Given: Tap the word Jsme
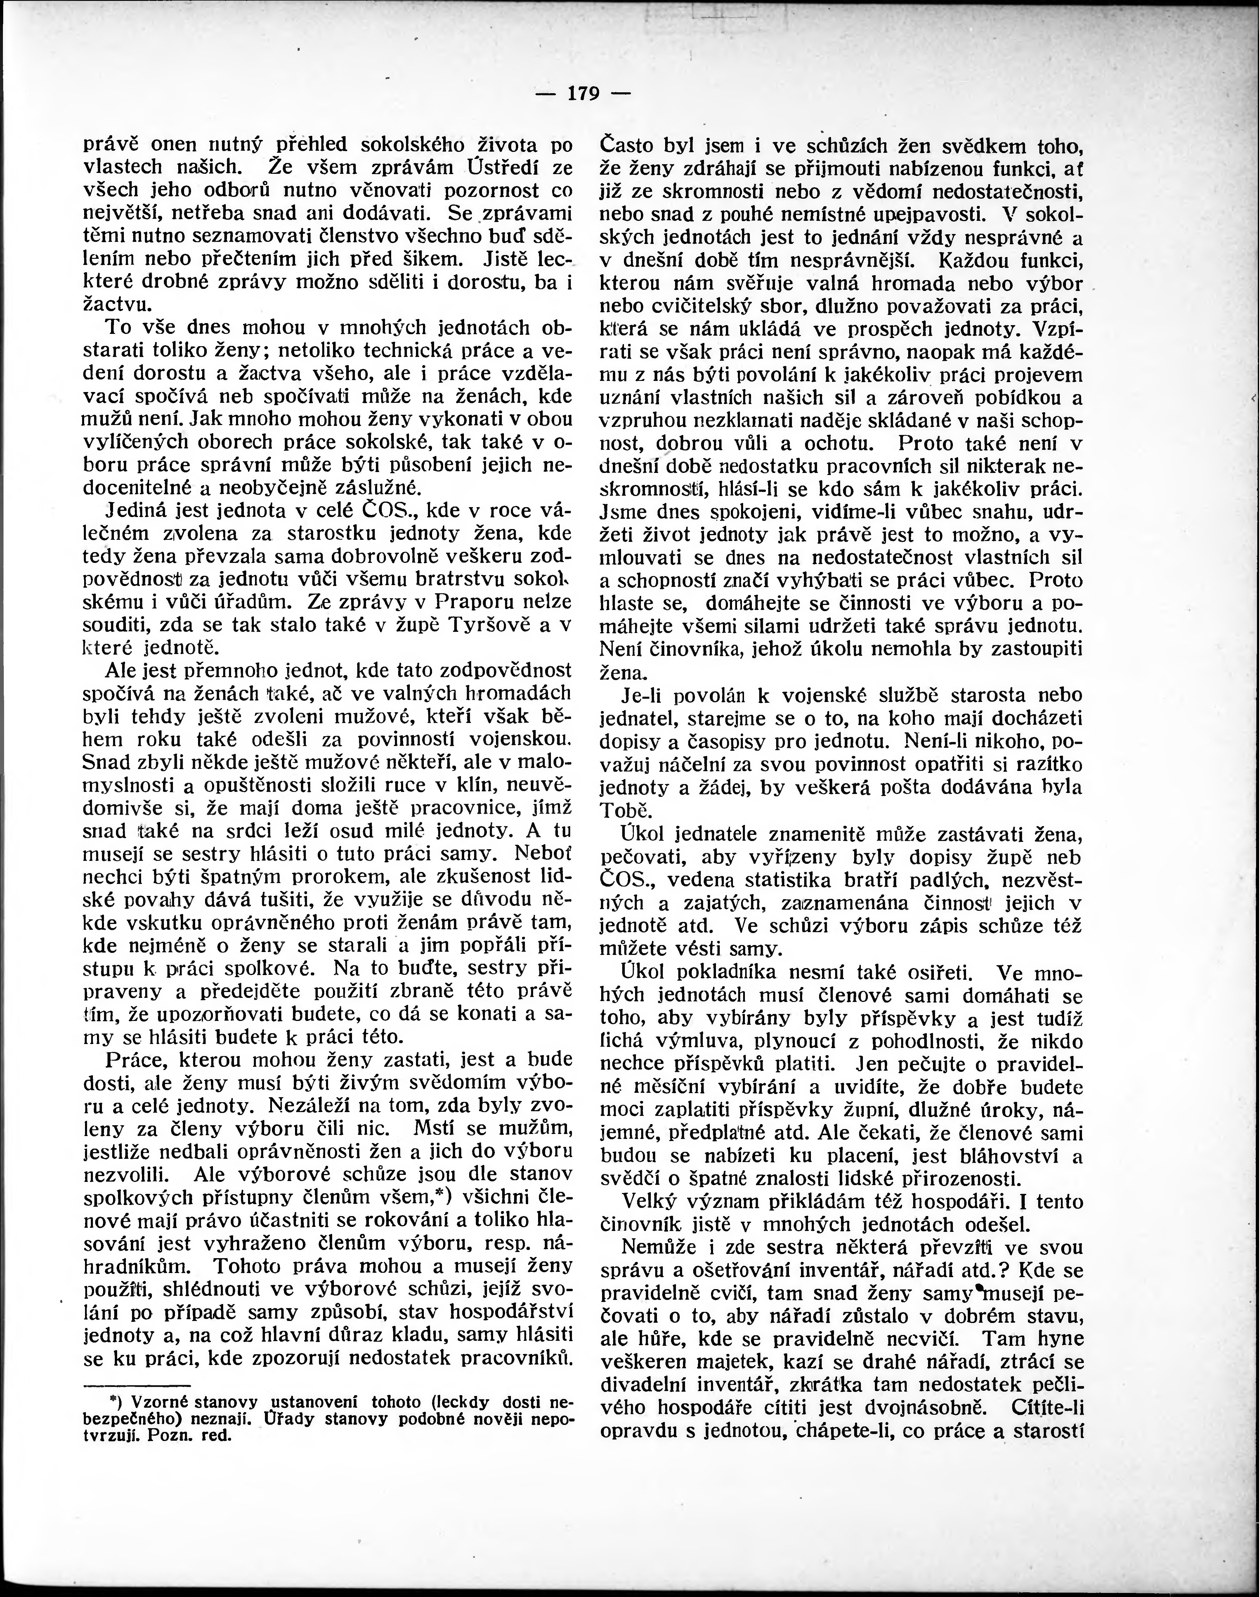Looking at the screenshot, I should tap(624, 511).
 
